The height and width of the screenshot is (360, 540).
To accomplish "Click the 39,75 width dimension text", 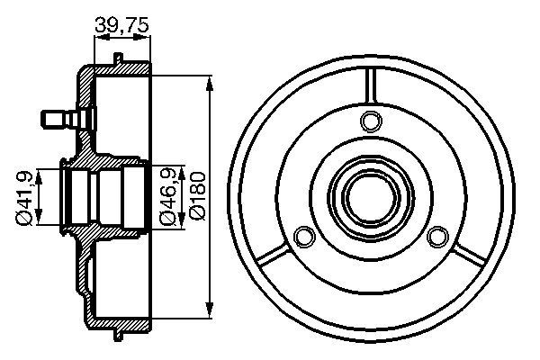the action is tap(121, 25).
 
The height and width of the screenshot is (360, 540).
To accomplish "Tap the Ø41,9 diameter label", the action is tap(25, 197).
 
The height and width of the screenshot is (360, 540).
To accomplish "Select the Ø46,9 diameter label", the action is tap(169, 195).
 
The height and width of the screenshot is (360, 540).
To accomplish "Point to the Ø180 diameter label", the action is tap(198, 195).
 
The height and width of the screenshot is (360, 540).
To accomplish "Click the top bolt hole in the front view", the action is tap(371, 121).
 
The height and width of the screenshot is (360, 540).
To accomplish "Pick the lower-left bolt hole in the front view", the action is tap(305, 237).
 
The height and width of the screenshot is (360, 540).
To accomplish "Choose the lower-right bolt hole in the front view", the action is tap(437, 237).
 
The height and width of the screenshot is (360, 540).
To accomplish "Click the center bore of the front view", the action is tap(371, 198).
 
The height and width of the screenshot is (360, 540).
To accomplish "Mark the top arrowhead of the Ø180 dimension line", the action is tap(209, 85).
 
